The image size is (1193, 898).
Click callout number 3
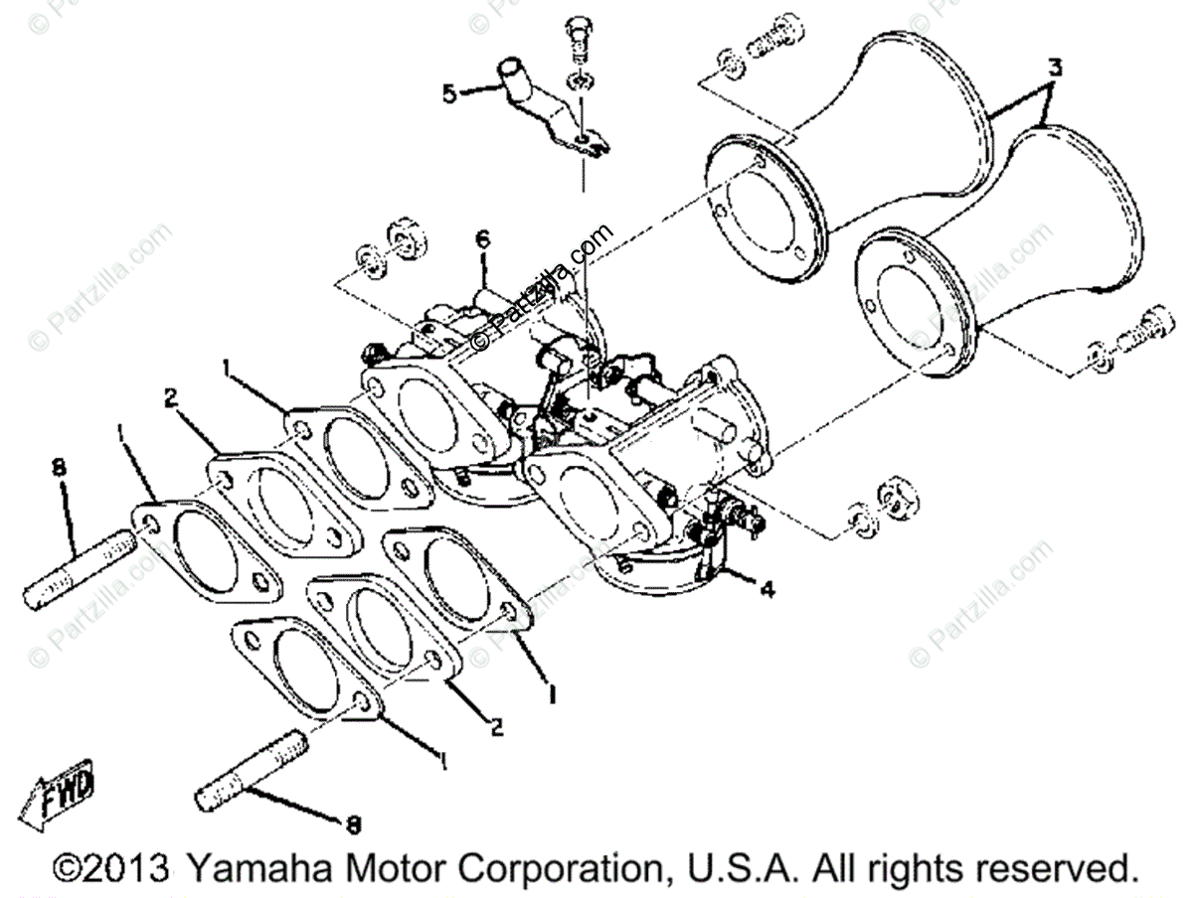(x=1055, y=69)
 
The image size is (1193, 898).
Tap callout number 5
(x=450, y=93)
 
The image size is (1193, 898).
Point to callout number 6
(x=482, y=239)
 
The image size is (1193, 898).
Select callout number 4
(x=767, y=588)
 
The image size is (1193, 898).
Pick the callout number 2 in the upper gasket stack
(x=171, y=398)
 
